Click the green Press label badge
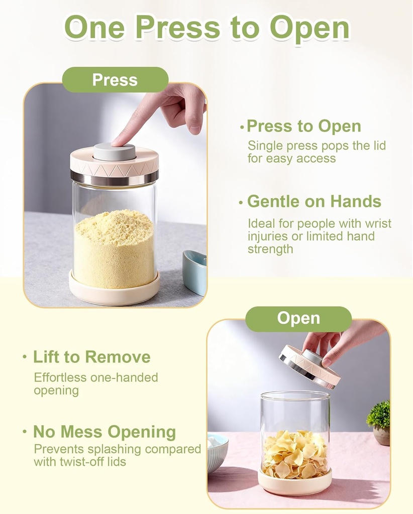coord(115,80)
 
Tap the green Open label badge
coord(298,319)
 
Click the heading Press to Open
coord(303,126)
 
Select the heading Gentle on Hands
coord(314,201)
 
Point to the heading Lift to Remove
coord(91,357)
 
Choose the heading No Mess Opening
coord(105,432)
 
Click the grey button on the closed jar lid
coord(114,151)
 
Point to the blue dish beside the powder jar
coord(195,271)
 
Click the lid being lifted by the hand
coord(309,366)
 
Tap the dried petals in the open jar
coord(295,454)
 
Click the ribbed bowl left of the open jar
coord(217,452)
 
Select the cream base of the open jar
coord(295,483)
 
